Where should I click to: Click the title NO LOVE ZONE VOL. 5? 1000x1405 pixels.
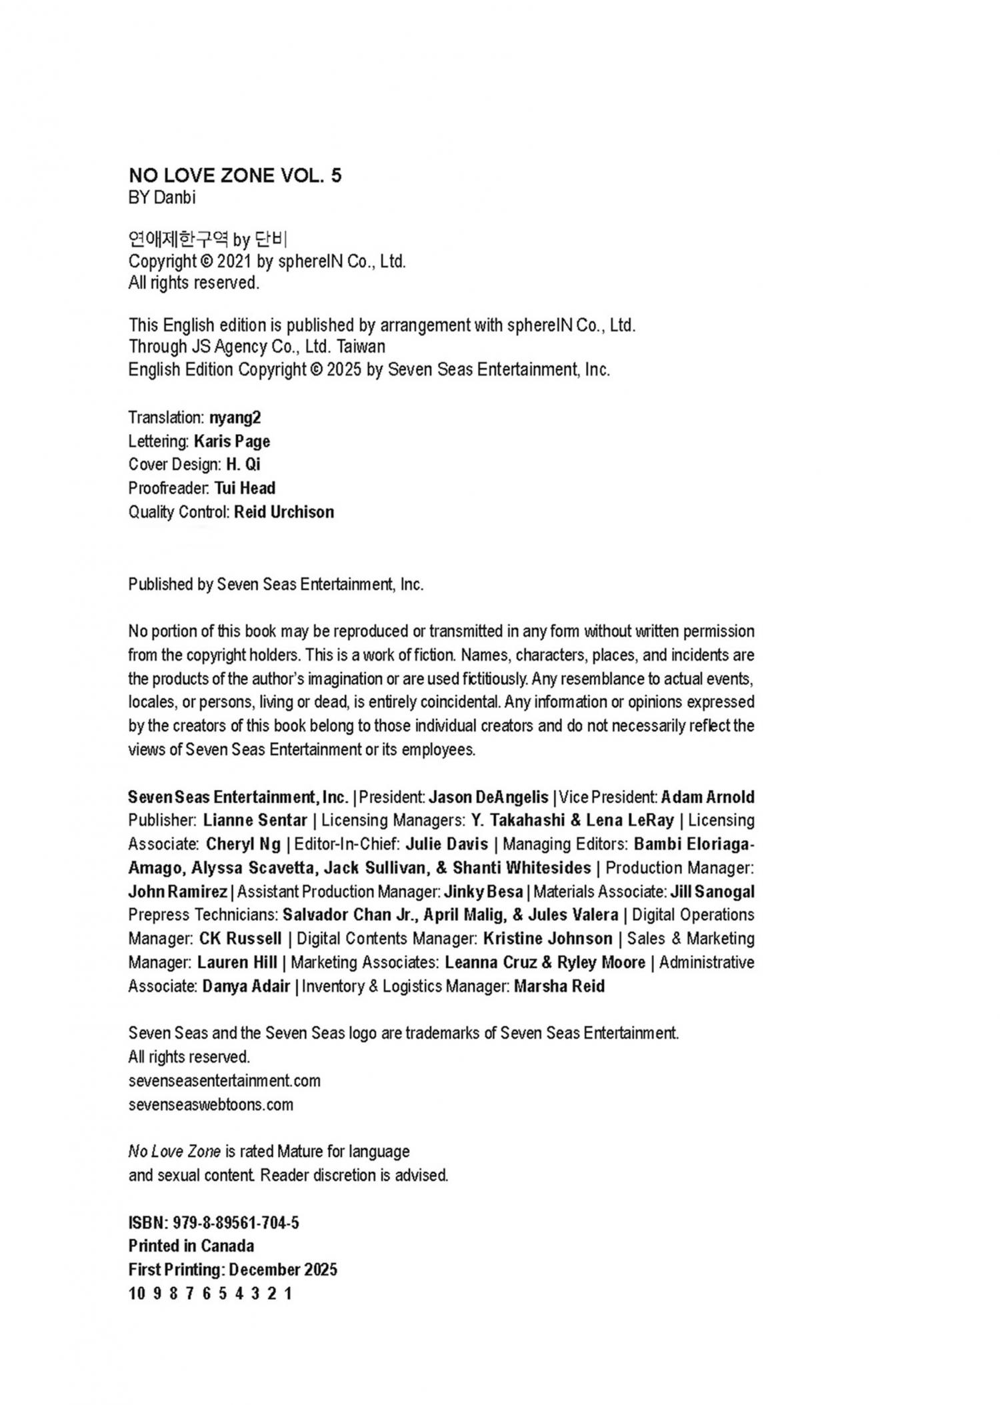click(235, 175)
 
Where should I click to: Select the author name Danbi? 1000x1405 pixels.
click(174, 198)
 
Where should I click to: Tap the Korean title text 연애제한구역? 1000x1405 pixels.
click(178, 239)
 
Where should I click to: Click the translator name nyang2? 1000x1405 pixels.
click(235, 418)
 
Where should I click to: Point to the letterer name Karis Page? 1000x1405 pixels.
click(232, 441)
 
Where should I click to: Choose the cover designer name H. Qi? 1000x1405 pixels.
click(243, 465)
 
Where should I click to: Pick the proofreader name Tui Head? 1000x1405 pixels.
click(245, 488)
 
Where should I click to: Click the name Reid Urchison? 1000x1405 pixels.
click(284, 512)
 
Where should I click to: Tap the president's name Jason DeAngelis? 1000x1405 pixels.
click(488, 798)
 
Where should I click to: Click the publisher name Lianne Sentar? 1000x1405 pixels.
click(255, 821)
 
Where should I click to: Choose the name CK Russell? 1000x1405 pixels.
click(240, 939)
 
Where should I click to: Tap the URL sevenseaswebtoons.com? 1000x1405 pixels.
click(211, 1104)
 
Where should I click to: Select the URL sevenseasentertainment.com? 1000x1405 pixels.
click(224, 1080)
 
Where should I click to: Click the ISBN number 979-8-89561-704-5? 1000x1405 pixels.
click(235, 1223)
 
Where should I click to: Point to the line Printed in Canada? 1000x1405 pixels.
click(191, 1246)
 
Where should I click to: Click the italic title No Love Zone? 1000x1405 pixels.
click(174, 1152)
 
